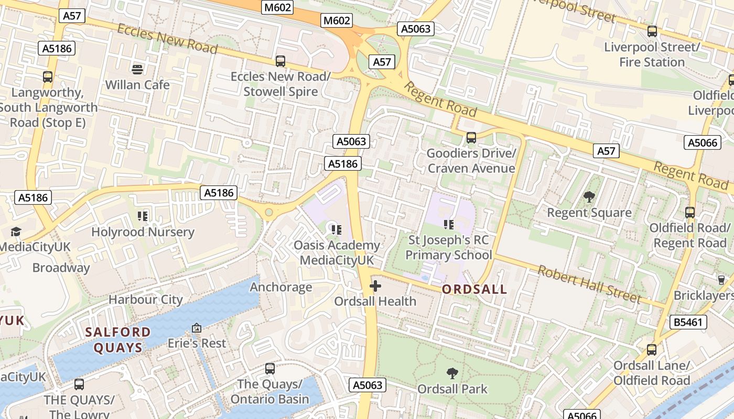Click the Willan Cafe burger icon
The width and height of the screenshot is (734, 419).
pyautogui.click(x=137, y=69)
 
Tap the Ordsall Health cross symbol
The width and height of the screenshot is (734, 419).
pyautogui.click(x=375, y=286)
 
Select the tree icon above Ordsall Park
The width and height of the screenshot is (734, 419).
pyautogui.click(x=452, y=373)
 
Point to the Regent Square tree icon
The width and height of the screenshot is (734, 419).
pyautogui.click(x=589, y=197)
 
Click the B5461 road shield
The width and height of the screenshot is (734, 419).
pyautogui.click(x=688, y=322)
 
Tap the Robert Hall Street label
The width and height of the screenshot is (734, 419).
pyautogui.click(x=589, y=284)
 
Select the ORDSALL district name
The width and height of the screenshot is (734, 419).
pyautogui.click(x=474, y=289)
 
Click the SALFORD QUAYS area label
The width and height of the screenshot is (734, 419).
pyautogui.click(x=118, y=339)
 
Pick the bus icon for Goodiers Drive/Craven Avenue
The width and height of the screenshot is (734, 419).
pyautogui.click(x=471, y=138)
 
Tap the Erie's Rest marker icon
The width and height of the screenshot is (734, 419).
pyautogui.click(x=197, y=328)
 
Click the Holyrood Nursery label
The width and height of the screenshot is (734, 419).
pyautogui.click(x=143, y=232)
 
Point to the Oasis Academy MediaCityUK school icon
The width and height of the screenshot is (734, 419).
pyautogui.click(x=337, y=229)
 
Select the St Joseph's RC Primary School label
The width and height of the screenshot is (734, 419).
pyautogui.click(x=449, y=248)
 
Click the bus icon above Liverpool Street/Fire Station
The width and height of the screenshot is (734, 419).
pyautogui.click(x=652, y=31)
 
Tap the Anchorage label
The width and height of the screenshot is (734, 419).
pyautogui.click(x=281, y=287)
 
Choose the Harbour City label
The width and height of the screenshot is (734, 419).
pyautogui.click(x=146, y=300)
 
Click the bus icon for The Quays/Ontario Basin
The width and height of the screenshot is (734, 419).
pyautogui.click(x=270, y=369)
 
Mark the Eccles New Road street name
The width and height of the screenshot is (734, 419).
pyautogui.click(x=167, y=39)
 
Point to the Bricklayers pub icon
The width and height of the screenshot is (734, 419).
pyautogui.click(x=721, y=280)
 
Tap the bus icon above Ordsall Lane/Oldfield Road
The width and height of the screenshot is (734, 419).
pyautogui.click(x=652, y=350)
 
